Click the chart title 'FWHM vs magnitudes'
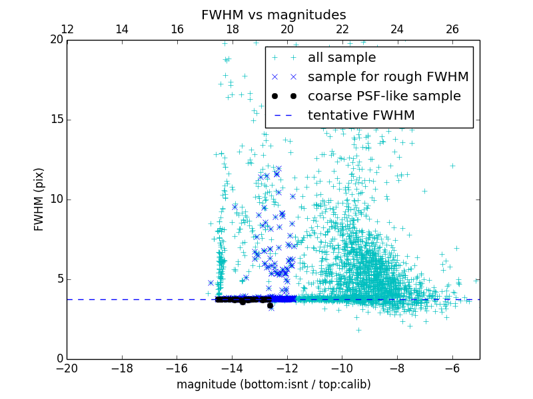pyautogui.click(x=273, y=15)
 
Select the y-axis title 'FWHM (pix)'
pyautogui.click(x=39, y=199)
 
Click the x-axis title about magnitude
pyautogui.click(x=273, y=384)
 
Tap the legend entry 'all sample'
pyautogui.click(x=341, y=58)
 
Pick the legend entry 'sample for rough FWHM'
pyautogui.click(x=388, y=77)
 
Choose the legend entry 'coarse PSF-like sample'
pyautogui.click(x=384, y=96)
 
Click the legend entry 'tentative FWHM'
pyautogui.click(x=360, y=116)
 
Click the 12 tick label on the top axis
pyautogui.click(x=67, y=29)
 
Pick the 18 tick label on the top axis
pyautogui.click(x=232, y=29)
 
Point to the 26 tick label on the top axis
pyautogui.click(x=452, y=29)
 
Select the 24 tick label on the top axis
pyautogui.click(x=397, y=29)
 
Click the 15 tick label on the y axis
pyautogui.click(x=55, y=120)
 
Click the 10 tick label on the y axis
pyautogui.click(x=55, y=199)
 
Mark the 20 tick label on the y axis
pyautogui.click(x=55, y=40)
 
